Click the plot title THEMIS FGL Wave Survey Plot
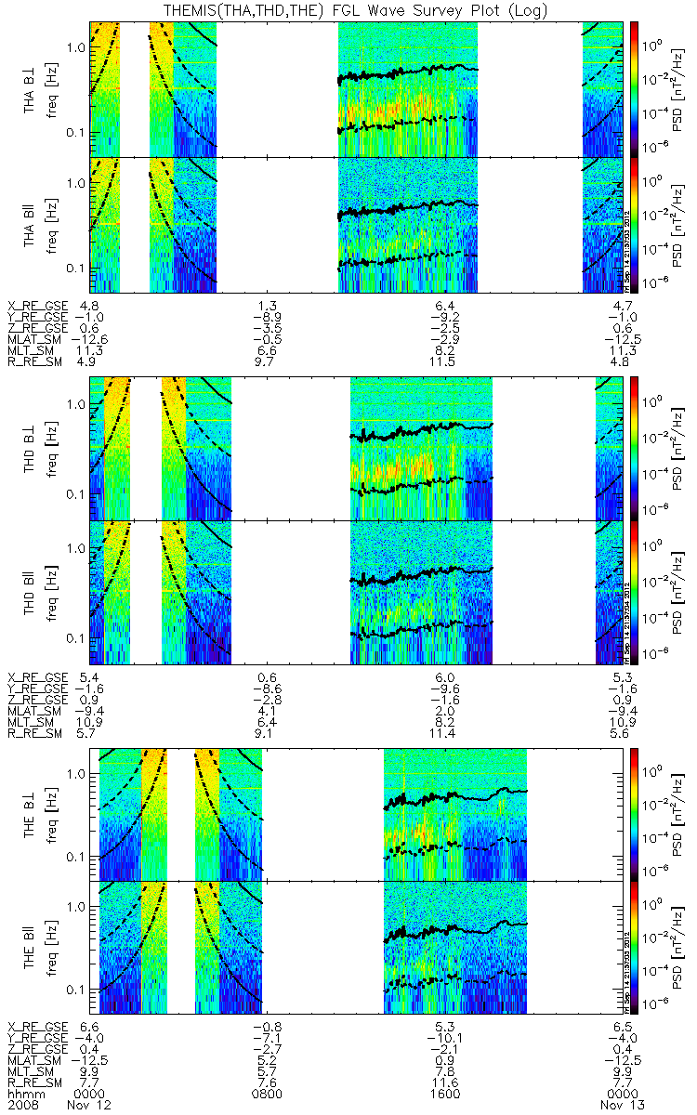(x=348, y=10)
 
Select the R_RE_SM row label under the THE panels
(x=33, y=1082)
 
